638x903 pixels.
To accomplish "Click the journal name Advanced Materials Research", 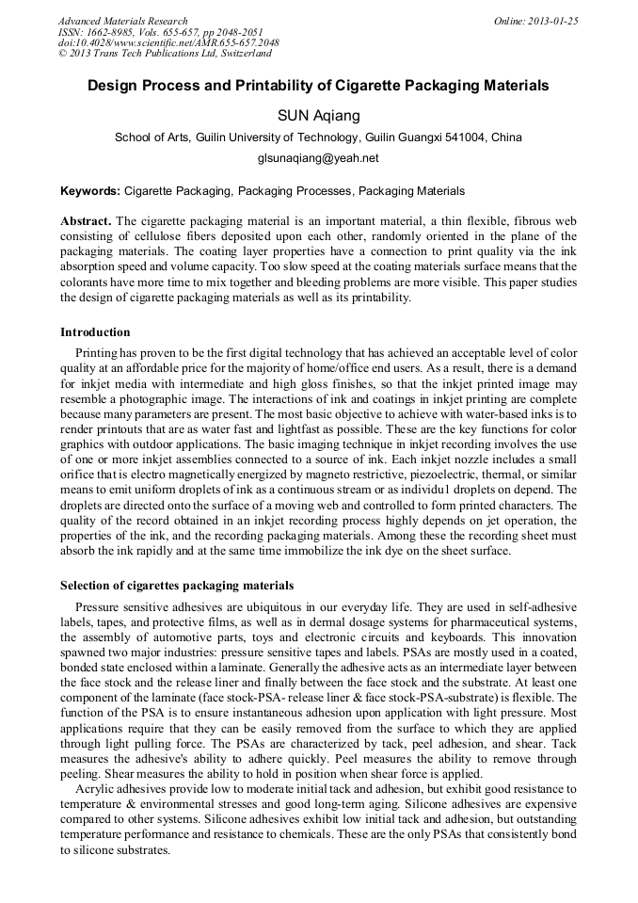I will [x=122, y=21].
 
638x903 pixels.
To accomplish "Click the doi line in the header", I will [x=168, y=42].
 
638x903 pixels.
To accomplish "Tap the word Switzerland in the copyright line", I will [x=240, y=54].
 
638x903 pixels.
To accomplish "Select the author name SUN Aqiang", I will [x=318, y=115].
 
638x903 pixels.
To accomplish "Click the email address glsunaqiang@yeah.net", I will [x=318, y=158].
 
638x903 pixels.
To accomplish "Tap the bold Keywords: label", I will [x=90, y=190].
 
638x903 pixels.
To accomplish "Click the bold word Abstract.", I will [x=86, y=220].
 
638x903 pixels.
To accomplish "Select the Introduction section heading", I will [x=95, y=332].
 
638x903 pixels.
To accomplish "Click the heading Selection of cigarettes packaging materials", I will [x=177, y=586].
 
